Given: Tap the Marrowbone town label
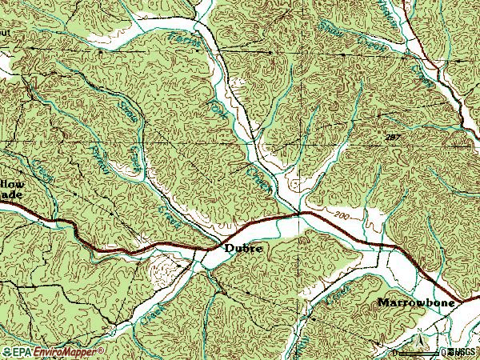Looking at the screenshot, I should click(416, 302).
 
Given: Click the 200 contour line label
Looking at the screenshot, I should click(342, 217).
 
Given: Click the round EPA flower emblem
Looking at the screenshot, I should click(6, 352).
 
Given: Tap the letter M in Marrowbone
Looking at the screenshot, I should click(382, 302).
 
